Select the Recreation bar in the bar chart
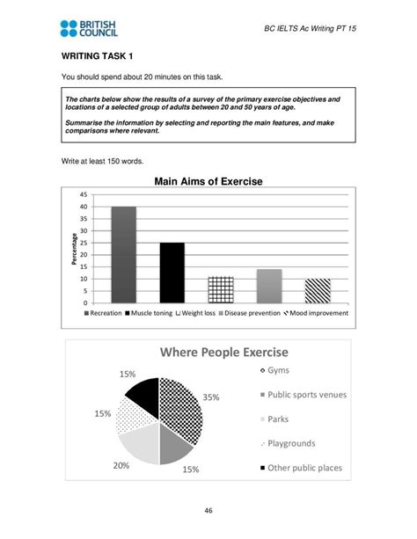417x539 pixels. click(123, 255)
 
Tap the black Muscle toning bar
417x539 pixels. click(172, 273)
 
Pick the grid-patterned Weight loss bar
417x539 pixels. click(220, 289)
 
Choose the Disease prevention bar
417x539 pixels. click(268, 286)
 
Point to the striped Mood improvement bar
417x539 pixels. click(317, 291)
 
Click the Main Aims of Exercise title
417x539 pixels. click(208, 182)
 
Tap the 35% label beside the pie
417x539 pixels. click(211, 397)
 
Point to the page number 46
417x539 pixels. click(208, 510)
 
